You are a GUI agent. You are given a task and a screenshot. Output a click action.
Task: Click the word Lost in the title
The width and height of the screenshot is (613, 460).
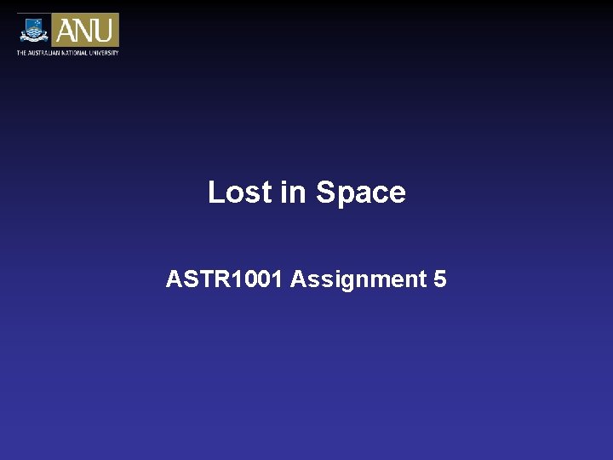pos(239,193)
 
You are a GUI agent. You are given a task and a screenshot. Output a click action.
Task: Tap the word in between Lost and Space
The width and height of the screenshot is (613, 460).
pos(292,193)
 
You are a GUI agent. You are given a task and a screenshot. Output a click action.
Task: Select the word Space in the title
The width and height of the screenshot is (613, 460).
pos(360,193)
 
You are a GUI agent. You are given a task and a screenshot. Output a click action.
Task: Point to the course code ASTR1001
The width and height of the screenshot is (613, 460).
pos(225,279)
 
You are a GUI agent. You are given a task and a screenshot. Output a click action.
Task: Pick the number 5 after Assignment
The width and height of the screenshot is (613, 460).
pos(439,279)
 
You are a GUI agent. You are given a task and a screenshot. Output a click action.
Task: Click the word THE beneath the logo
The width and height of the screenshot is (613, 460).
pos(21,53)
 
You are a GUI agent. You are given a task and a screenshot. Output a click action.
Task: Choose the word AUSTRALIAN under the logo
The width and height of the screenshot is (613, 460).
pos(44,53)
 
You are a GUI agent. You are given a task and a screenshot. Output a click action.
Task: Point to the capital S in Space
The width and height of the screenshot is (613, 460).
pos(325,193)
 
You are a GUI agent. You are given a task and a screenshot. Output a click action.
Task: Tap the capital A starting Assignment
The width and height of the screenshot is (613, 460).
pos(298,279)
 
